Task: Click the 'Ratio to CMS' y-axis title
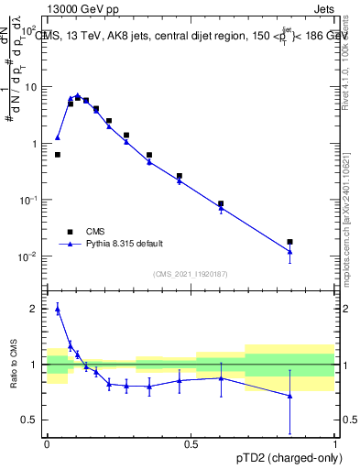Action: (x=15, y=365)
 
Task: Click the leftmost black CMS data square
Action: (x=58, y=155)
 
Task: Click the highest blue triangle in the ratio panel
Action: (x=58, y=310)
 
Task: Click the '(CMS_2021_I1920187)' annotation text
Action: (x=191, y=274)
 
